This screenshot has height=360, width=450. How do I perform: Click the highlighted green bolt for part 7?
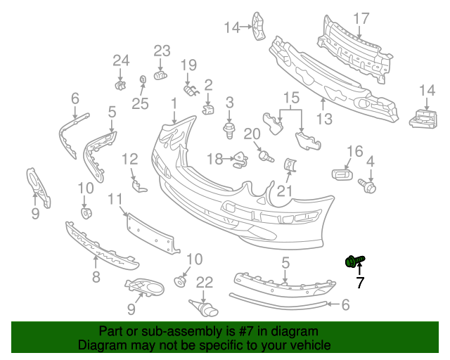(354, 262)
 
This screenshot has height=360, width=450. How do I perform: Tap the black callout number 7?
(359, 283)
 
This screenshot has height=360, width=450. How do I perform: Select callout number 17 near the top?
(361, 18)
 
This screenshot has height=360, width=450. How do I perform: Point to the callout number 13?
(323, 119)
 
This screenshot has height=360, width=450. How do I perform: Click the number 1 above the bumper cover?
(174, 104)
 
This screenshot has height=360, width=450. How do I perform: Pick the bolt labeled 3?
(229, 130)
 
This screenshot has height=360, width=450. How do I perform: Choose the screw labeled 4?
(369, 186)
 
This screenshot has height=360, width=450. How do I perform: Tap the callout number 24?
(121, 61)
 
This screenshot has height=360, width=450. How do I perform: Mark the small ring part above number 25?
(142, 79)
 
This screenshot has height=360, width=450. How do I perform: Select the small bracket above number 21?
(289, 165)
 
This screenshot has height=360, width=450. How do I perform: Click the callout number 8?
(96, 277)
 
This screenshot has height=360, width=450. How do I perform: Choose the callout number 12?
(130, 159)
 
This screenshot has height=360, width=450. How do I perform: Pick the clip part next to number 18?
(240, 160)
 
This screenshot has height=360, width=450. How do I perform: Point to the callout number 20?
(252, 134)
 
